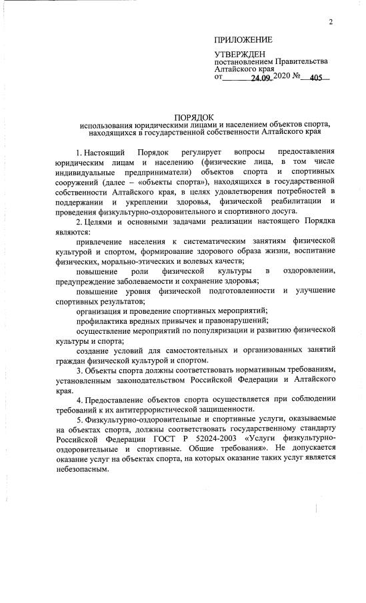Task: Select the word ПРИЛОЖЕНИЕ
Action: click(243, 40)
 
